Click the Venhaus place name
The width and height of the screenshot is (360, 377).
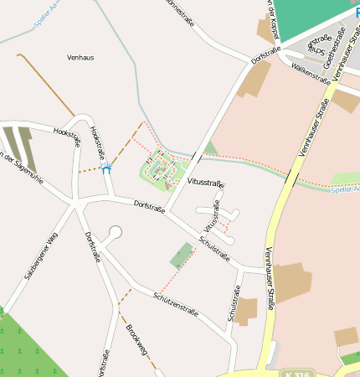(x=81, y=57)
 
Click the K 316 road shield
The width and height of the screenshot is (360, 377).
(x=292, y=372)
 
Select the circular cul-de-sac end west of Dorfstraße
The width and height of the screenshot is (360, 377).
(x=116, y=232)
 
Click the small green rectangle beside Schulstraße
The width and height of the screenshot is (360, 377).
(x=181, y=255)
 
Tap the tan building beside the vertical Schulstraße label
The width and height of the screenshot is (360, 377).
(x=246, y=312)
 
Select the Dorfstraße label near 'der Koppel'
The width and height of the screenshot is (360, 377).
(x=264, y=59)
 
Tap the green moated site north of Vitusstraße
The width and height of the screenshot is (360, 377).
(x=161, y=170)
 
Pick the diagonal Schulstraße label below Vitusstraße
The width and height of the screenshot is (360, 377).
(x=214, y=249)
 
